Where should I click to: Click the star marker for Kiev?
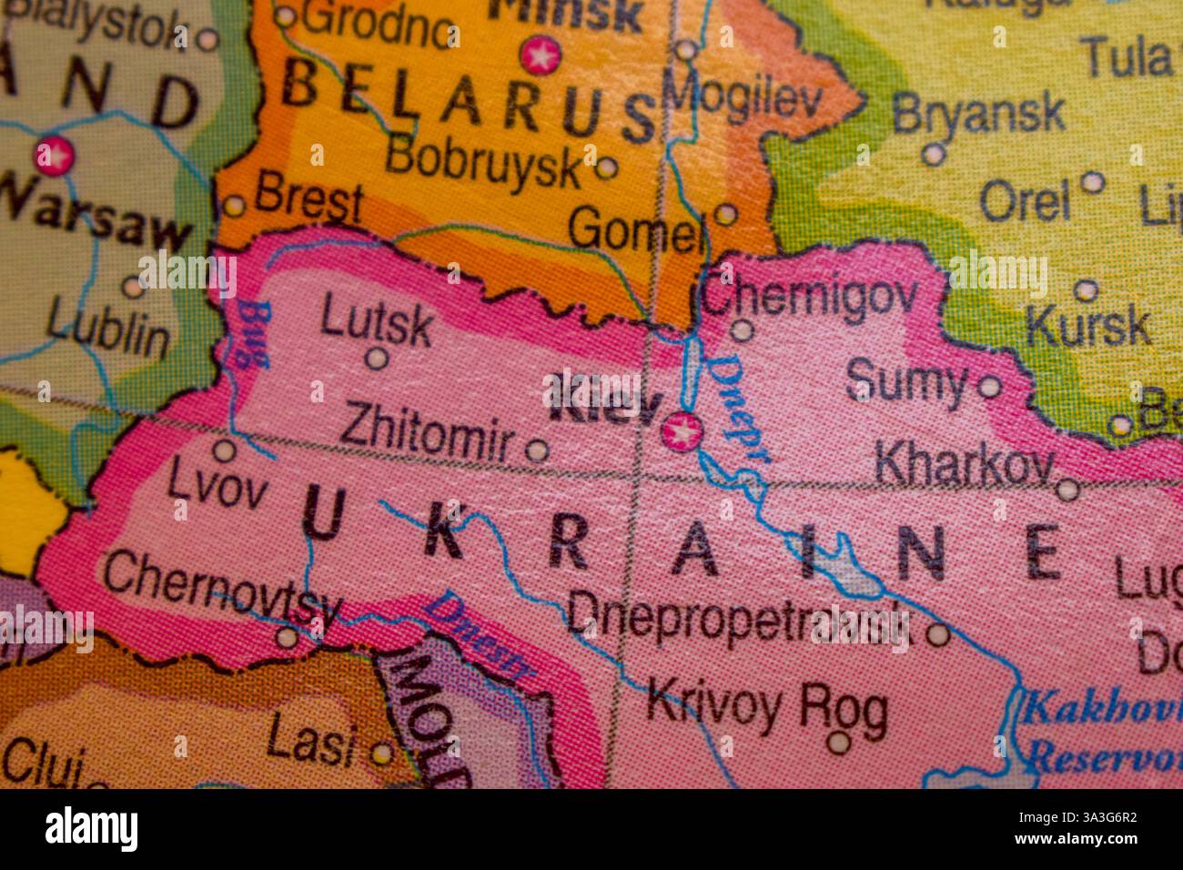point(682,432)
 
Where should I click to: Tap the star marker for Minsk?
point(541,56)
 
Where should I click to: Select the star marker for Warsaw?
point(54,156)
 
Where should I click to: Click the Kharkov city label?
point(963,466)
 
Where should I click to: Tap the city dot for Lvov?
point(224,450)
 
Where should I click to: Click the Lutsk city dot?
point(376,359)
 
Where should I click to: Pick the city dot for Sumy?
point(989,388)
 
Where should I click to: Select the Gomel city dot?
point(725,215)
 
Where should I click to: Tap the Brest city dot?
point(234,206)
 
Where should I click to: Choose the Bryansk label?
point(978,113)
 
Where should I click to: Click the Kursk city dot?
point(1085,290)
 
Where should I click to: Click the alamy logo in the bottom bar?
point(91,829)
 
